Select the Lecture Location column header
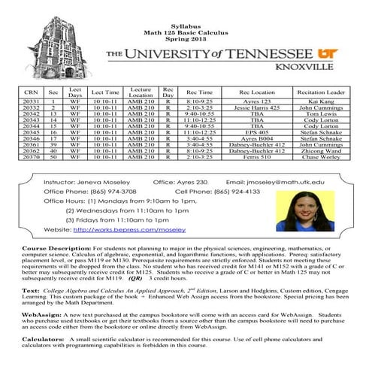pyautogui.click(x=141, y=92)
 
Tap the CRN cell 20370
pyautogui.click(x=32, y=157)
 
